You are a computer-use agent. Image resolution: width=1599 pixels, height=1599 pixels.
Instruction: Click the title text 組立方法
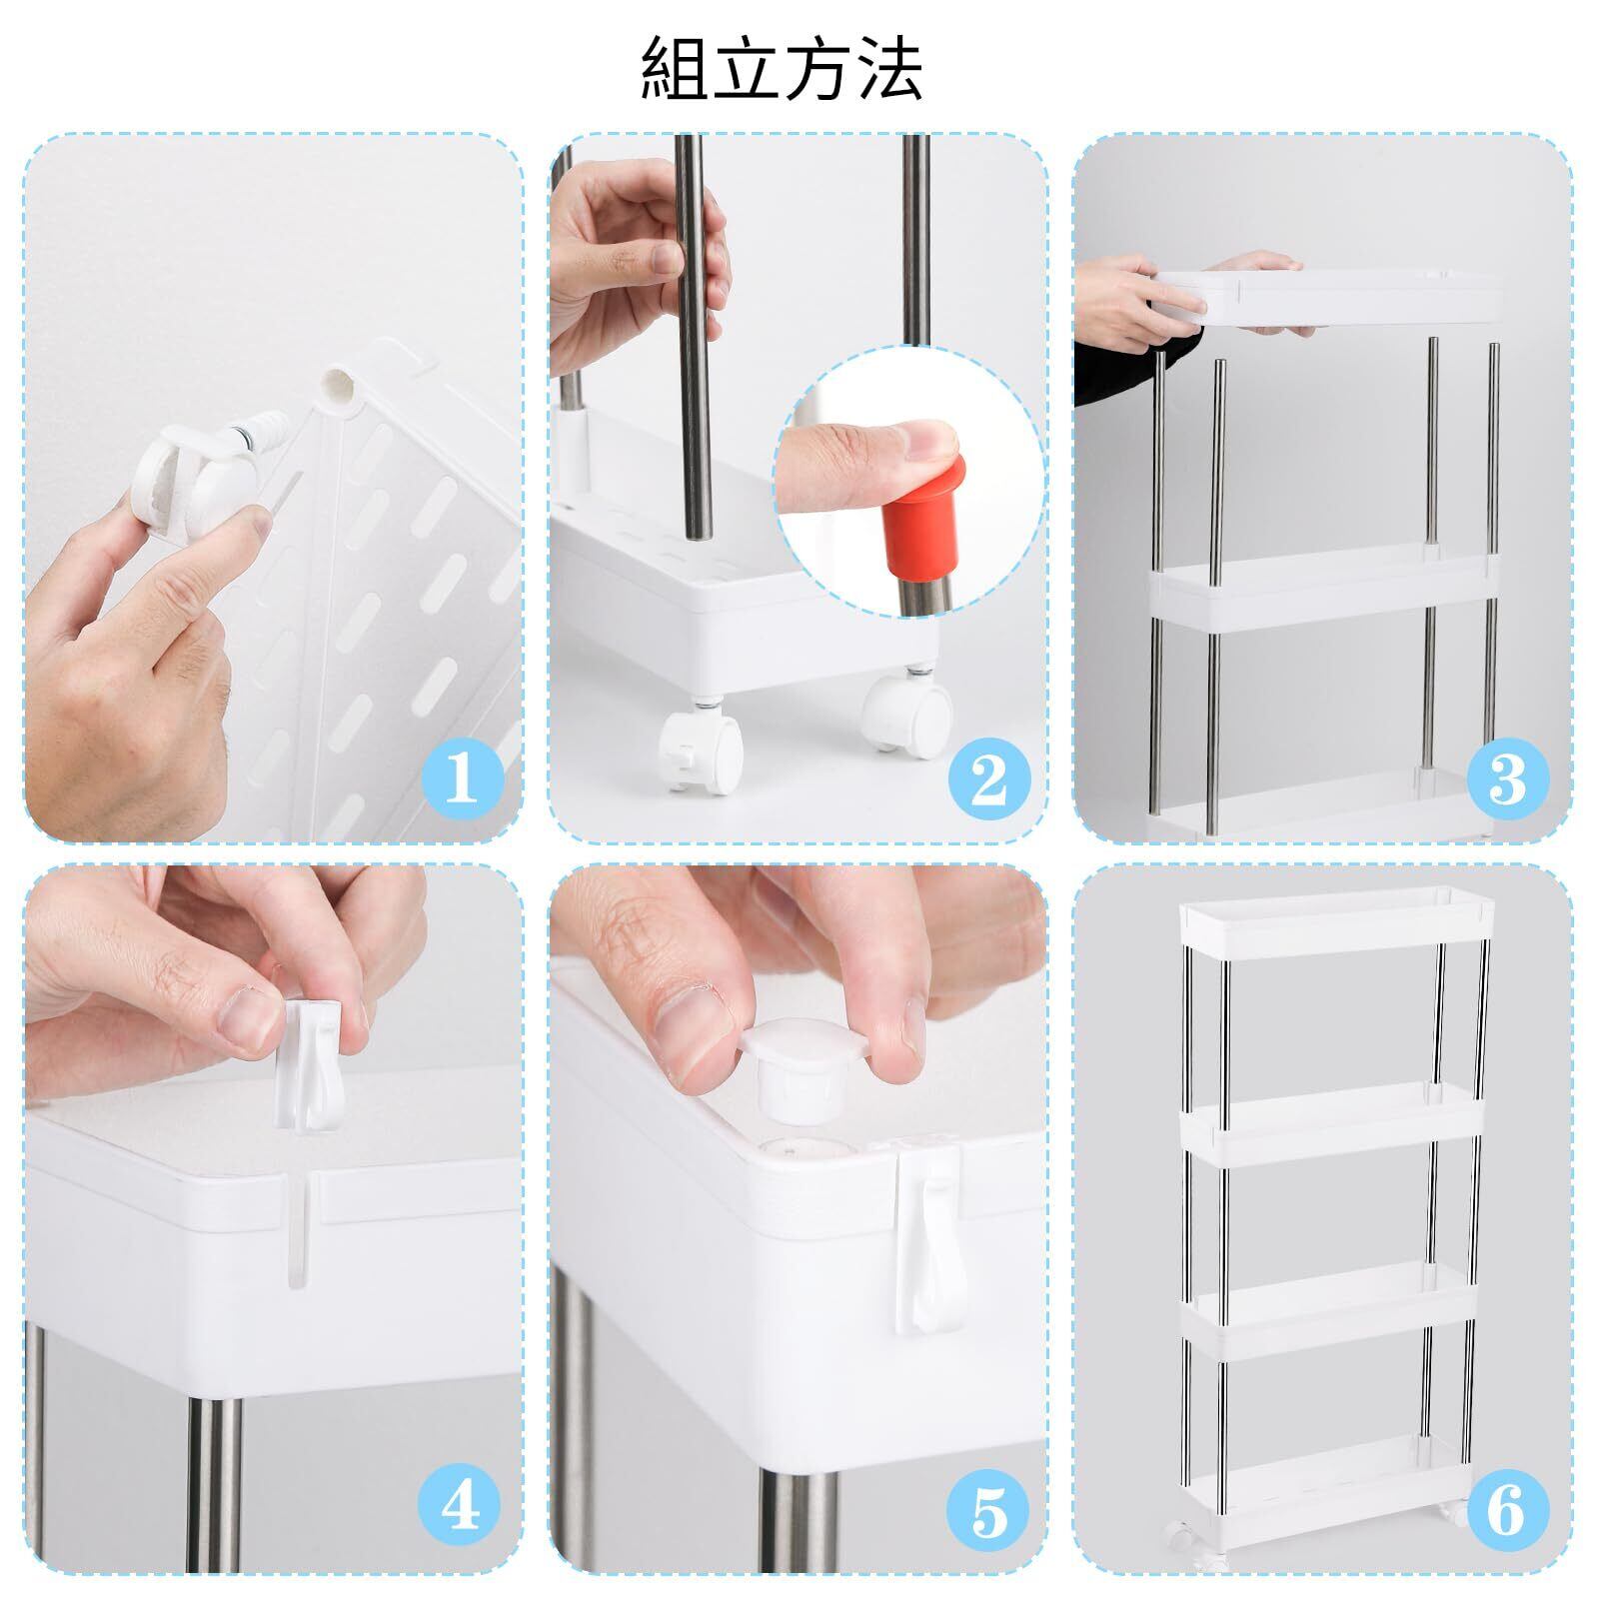coord(781,68)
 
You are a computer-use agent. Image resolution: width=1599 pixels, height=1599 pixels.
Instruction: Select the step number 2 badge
coord(987,780)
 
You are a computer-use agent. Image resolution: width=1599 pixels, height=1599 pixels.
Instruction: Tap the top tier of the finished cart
coord(1336,928)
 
